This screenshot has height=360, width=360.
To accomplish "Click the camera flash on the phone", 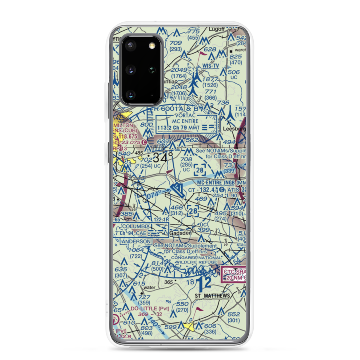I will [152, 45].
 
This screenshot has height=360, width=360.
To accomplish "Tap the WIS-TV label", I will [211, 66].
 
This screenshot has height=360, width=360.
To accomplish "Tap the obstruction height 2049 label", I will [180, 70].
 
